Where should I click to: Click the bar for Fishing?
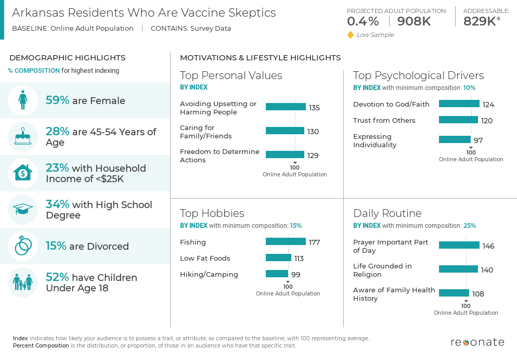(x=286, y=241)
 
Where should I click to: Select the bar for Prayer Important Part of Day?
(x=459, y=245)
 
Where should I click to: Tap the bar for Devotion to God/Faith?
(x=459, y=104)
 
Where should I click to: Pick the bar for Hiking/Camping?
(x=277, y=274)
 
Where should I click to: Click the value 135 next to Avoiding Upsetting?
(x=314, y=108)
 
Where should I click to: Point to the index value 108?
(x=478, y=294)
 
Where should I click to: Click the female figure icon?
(x=23, y=100)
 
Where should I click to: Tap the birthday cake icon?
(x=23, y=137)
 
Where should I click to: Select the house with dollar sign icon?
(x=23, y=173)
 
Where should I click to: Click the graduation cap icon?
(x=23, y=210)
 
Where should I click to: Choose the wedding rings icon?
(x=23, y=246)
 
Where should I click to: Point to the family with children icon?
(x=23, y=282)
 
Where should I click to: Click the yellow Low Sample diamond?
(x=351, y=35)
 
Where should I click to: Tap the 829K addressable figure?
(x=479, y=21)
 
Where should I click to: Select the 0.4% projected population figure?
(x=363, y=21)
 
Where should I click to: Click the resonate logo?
(x=477, y=342)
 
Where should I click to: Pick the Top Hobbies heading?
(x=212, y=213)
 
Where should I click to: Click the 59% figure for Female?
(x=57, y=100)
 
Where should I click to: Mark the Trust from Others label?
(x=384, y=120)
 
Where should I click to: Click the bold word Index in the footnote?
(x=20, y=338)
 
